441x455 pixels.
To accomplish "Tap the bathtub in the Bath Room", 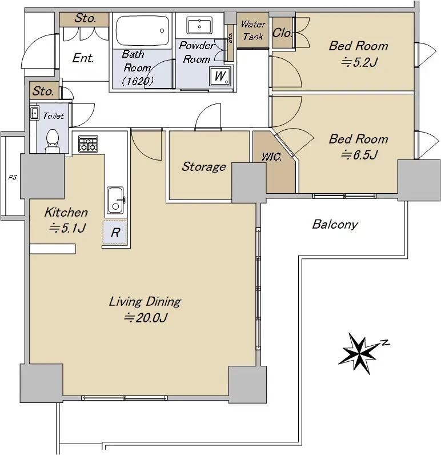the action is click(142, 31).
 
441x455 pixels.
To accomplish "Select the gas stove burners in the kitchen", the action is click(89, 144).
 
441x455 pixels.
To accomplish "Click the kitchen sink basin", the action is click(115, 200).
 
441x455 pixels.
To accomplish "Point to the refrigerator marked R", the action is click(115, 232).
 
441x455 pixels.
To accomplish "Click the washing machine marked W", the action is click(220, 76).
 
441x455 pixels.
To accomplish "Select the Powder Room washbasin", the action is click(199, 26).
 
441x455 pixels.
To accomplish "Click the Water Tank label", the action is click(253, 30).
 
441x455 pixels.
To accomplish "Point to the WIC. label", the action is click(271, 157).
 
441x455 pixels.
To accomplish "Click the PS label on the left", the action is click(13, 177).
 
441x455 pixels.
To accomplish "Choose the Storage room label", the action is click(204, 166).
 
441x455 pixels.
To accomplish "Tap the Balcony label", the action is click(335, 224).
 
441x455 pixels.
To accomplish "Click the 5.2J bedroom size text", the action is click(359, 62).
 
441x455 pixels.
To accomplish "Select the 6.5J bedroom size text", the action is click(359, 155).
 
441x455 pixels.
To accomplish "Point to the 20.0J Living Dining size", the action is click(146, 318).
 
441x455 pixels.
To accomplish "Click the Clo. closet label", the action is click(282, 33).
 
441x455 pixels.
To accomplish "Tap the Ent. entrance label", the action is click(83, 58).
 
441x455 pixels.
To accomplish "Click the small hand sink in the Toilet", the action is click(34, 113).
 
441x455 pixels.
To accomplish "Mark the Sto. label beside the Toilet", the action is click(43, 91).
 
